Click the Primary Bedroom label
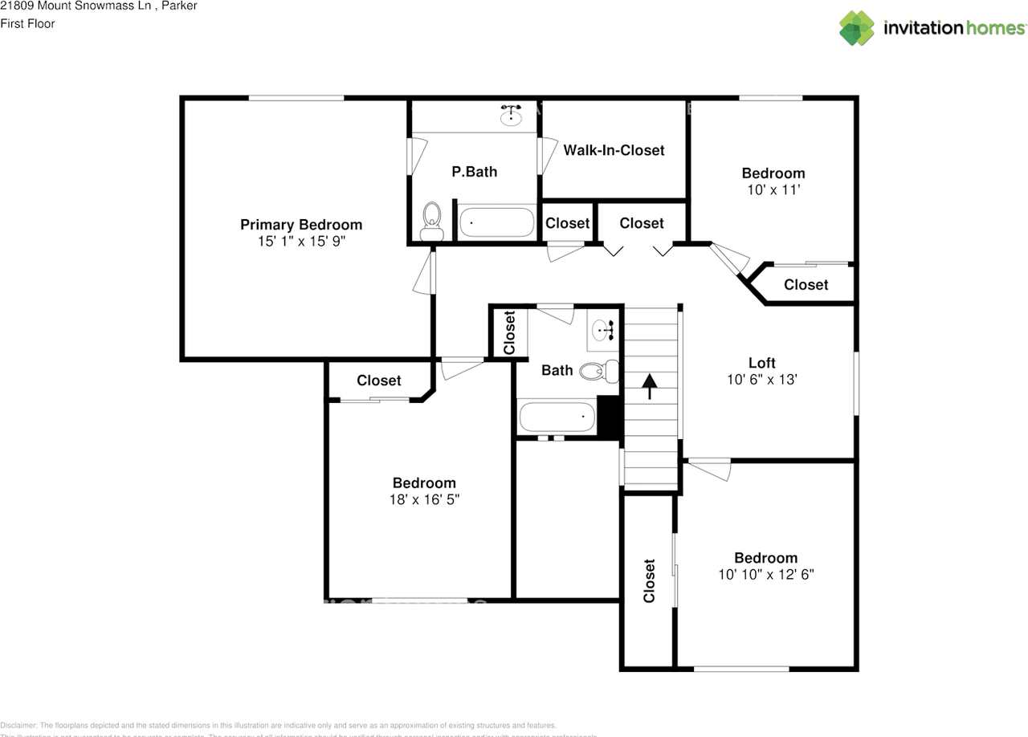tap(301, 225)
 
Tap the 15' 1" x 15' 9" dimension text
tap(301, 240)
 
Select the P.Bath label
tap(474, 171)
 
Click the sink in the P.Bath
tap(511, 116)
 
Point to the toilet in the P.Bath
tap(432, 219)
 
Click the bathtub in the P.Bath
tap(496, 223)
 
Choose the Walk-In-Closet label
tap(614, 150)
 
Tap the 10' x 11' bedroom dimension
tap(773, 189)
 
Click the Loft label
tap(761, 363)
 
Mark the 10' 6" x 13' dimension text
tap(761, 380)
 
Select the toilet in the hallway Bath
tap(598, 371)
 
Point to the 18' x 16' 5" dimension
tap(424, 499)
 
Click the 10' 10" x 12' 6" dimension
tap(766, 575)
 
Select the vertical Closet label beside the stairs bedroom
tap(649, 580)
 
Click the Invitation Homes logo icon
tap(857, 28)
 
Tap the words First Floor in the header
tap(27, 23)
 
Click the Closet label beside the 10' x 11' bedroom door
tap(806, 285)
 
